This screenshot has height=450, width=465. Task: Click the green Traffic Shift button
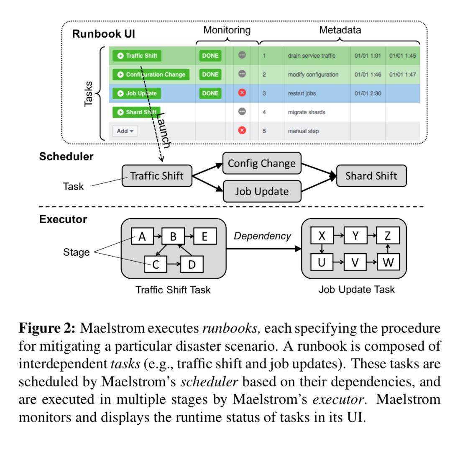[136, 56]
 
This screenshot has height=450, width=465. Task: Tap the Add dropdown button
[125, 131]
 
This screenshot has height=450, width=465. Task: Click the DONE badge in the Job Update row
[210, 93]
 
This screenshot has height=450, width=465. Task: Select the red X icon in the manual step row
[242, 131]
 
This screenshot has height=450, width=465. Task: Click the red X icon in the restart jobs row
[242, 93]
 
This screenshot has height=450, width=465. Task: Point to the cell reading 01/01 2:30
[368, 93]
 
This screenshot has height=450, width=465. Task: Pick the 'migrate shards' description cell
[307, 112]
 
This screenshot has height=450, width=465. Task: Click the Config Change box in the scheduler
[262, 163]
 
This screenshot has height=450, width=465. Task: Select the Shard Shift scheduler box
[371, 176]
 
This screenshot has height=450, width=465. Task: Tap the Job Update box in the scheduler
[262, 191]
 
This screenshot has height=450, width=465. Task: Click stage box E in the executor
[204, 237]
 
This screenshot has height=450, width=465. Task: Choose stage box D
[192, 264]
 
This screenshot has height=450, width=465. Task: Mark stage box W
[388, 262]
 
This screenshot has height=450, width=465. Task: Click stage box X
[322, 236]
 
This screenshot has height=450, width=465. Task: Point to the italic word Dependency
[262, 236]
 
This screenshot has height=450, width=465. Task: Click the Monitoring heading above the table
[227, 30]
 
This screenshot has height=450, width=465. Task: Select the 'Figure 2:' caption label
[47, 328]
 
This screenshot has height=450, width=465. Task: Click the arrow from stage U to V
[338, 263]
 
